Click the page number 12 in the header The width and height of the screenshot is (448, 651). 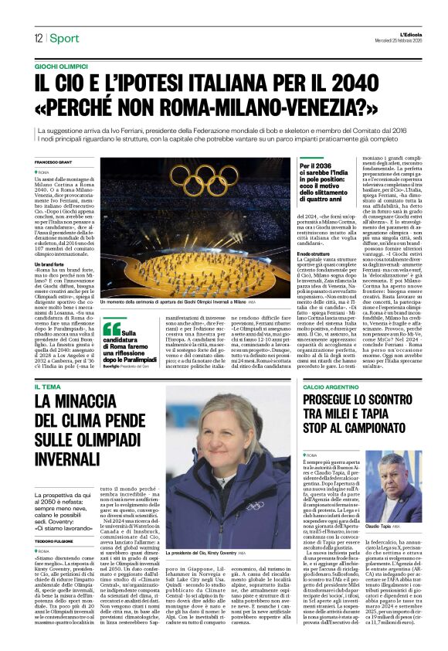37,39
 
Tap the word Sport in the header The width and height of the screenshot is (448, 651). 65,39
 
